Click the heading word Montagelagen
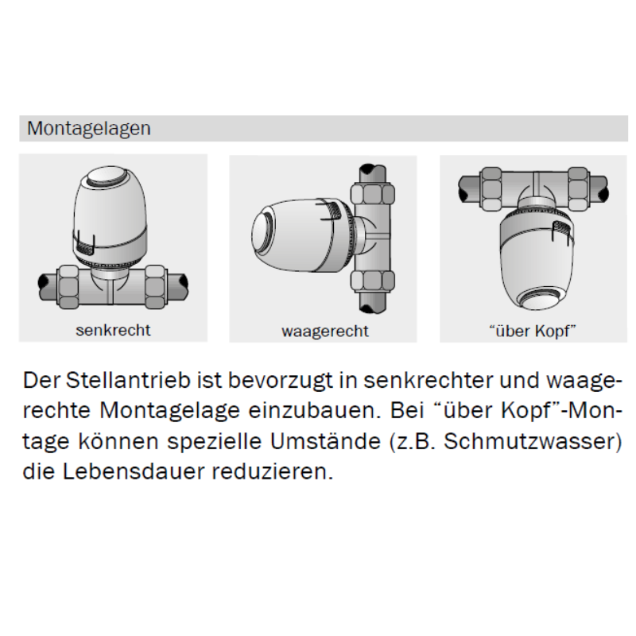click(x=89, y=129)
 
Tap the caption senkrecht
click(x=113, y=330)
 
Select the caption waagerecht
click(x=325, y=332)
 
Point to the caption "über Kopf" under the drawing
click(x=533, y=331)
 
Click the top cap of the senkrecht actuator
click(x=111, y=176)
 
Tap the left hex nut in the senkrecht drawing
click(x=68, y=287)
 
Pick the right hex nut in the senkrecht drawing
click(x=155, y=287)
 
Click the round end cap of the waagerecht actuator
click(x=263, y=232)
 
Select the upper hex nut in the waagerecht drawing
click(x=373, y=193)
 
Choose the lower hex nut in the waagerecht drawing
click(x=373, y=281)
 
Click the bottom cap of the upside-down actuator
click(x=536, y=299)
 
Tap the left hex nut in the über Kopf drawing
click(x=491, y=189)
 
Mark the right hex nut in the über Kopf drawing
click(x=578, y=189)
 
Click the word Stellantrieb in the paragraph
click(x=128, y=381)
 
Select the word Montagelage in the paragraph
click(x=169, y=411)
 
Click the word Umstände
click(x=325, y=441)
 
